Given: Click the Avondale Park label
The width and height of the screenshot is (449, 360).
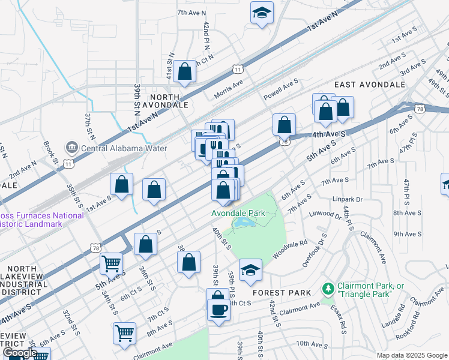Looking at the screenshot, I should click(x=238, y=213).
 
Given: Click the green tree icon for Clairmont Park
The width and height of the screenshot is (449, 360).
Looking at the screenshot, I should click(x=328, y=290).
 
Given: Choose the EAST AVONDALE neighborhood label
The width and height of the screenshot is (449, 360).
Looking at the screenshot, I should click(x=370, y=85).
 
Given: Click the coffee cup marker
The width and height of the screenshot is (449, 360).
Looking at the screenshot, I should click(x=218, y=310).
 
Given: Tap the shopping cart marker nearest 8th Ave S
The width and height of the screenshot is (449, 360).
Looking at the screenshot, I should click(x=124, y=332).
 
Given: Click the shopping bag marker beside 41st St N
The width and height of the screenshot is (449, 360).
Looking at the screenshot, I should click(x=185, y=71).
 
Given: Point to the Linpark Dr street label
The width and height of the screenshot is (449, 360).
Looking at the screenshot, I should click(x=348, y=199).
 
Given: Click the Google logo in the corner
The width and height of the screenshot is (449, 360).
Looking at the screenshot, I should click(x=20, y=353).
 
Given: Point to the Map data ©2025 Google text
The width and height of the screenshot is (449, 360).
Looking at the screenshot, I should click(x=412, y=355).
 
